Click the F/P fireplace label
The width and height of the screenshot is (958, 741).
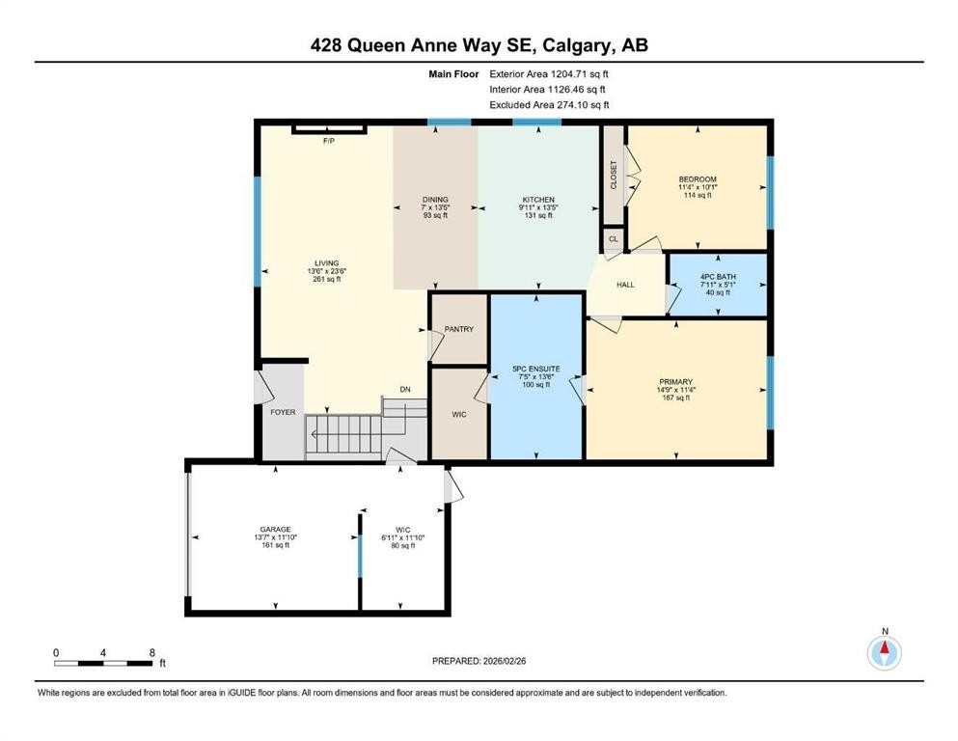[329, 141]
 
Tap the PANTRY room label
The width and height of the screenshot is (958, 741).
[459, 329]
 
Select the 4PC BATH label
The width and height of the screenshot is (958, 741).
[718, 277]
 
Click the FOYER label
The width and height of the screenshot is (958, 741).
[283, 412]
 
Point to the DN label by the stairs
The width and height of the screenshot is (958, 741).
[405, 389]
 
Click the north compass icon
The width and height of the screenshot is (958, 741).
[885, 653]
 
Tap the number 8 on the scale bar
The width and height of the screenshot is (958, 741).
[152, 652]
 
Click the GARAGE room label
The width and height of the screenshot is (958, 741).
[276, 530]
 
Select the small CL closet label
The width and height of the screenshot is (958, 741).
[614, 239]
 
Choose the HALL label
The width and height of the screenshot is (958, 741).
[625, 285]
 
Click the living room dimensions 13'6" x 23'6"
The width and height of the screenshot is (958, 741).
[327, 271]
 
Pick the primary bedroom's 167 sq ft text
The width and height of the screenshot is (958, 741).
[675, 398]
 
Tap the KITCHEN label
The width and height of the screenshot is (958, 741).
[538, 200]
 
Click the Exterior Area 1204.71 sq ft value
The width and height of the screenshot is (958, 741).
[580, 74]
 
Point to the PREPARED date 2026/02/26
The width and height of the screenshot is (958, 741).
[504, 661]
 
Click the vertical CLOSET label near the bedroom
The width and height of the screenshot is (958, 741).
[614, 175]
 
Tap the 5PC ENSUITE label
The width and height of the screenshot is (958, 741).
[535, 369]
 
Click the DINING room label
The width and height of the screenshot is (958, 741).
[435, 200]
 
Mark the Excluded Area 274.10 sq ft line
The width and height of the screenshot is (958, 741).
[549, 104]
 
